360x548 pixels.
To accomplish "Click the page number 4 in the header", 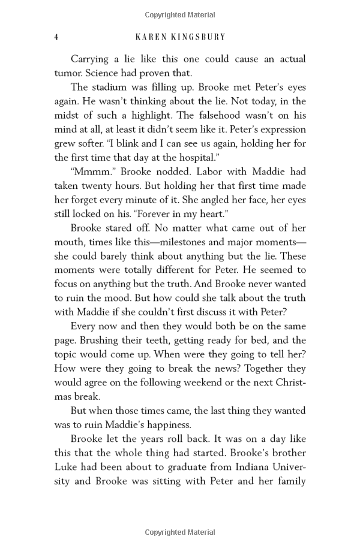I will [56, 37].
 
